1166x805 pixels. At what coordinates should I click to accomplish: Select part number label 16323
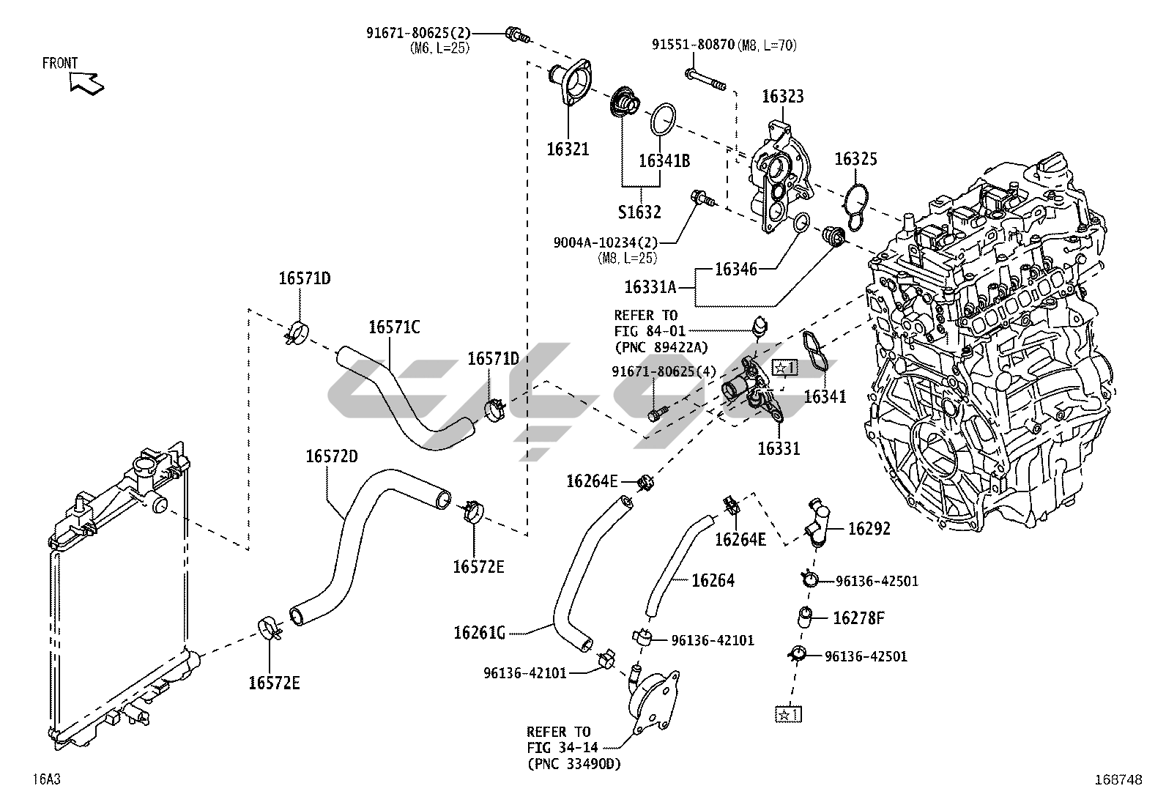(x=782, y=97)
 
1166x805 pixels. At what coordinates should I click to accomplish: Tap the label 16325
(x=855, y=159)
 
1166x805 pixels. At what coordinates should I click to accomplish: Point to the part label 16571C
(x=394, y=327)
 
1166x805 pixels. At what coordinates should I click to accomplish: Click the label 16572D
(x=332, y=456)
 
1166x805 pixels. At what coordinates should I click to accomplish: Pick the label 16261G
(x=480, y=632)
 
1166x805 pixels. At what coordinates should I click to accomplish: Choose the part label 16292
(x=869, y=528)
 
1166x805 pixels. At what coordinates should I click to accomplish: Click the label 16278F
(x=858, y=618)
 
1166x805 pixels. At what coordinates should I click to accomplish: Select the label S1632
(x=639, y=212)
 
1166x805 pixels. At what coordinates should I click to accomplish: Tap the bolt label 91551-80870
(x=693, y=45)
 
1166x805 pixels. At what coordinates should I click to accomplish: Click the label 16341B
(x=664, y=161)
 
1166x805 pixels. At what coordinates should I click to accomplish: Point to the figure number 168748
(x=1118, y=780)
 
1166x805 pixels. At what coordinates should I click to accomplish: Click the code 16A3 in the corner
(x=46, y=779)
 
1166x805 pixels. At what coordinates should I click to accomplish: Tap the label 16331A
(x=650, y=287)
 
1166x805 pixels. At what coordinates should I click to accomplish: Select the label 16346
(x=735, y=269)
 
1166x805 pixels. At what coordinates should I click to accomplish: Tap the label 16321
(x=568, y=149)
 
